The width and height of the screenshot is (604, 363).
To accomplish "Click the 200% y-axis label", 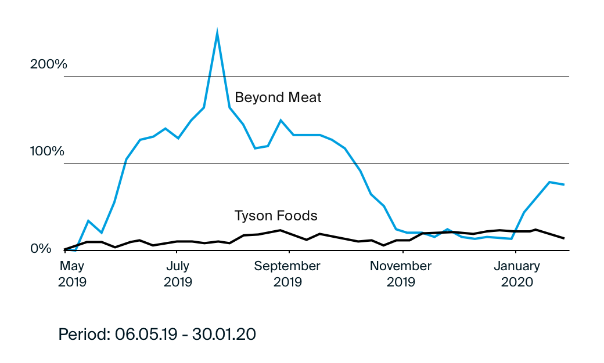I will [49, 64].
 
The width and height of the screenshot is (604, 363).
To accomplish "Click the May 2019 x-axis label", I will [73, 274].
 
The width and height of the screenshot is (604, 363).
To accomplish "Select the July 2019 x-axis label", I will [178, 274].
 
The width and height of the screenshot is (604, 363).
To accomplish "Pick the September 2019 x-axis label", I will [287, 274].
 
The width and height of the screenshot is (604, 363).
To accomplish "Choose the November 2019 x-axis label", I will [401, 274].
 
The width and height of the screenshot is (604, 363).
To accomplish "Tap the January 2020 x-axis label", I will [516, 274].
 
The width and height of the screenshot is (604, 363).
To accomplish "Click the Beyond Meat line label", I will [278, 97].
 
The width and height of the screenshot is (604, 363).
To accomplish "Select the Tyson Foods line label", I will [276, 216].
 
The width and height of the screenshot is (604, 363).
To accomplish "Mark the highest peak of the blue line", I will [217, 32].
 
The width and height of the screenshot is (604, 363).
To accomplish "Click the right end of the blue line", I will [564, 184].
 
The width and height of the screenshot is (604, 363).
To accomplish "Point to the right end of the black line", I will [564, 238].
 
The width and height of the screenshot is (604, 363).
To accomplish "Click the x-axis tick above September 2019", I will [289, 253].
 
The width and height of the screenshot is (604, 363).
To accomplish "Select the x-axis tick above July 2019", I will [177, 253].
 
